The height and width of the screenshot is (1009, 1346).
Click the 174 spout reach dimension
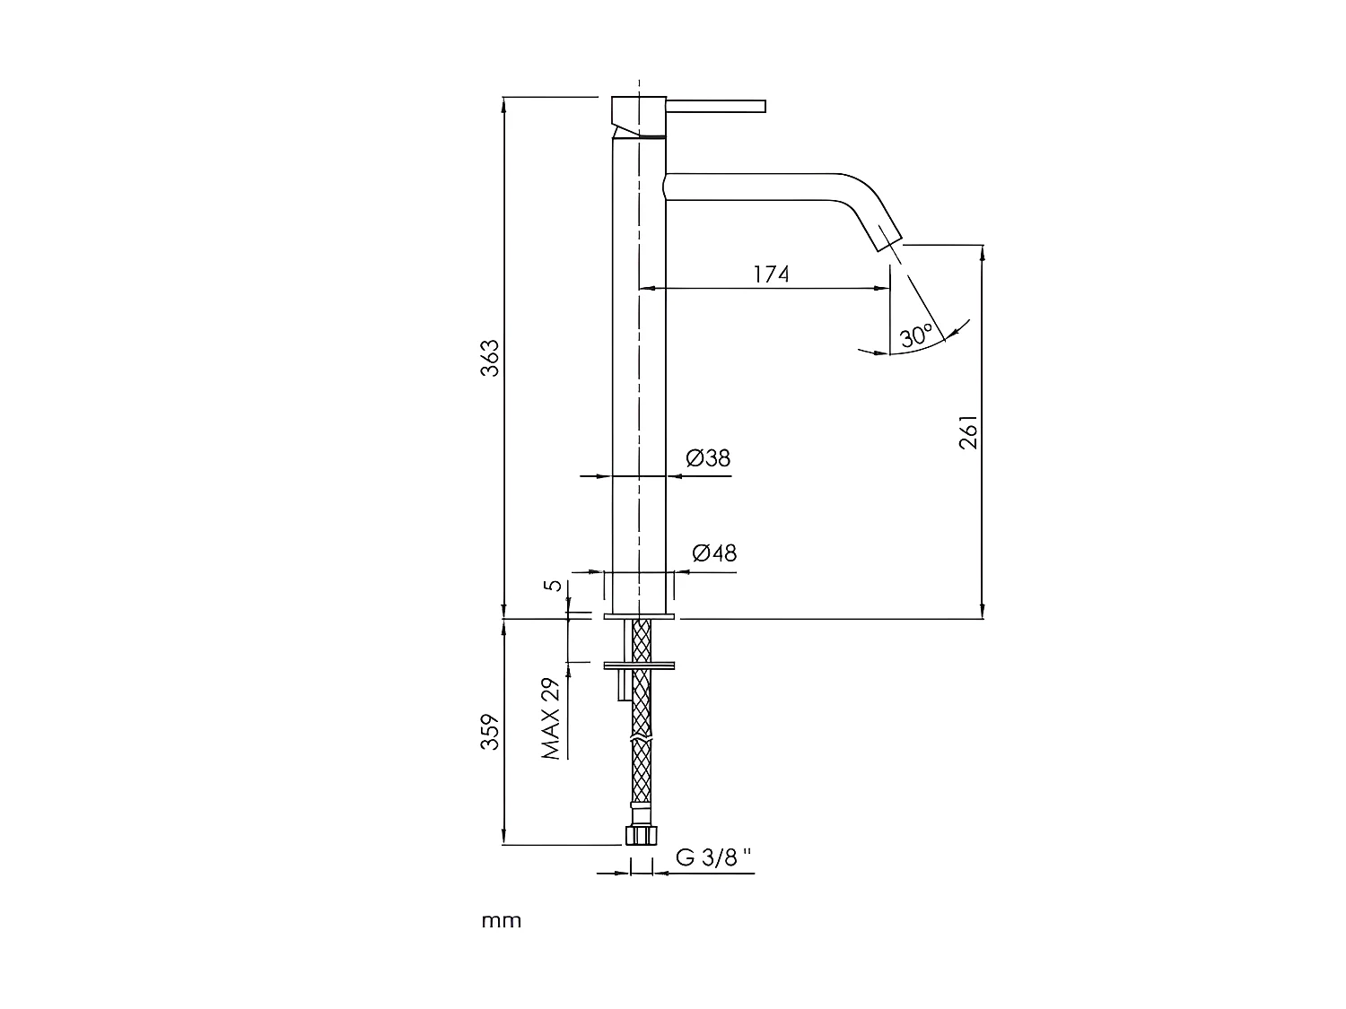pos(771,274)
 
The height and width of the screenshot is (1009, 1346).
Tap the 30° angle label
pos(915,337)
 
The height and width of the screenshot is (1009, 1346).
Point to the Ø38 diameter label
pos(708,458)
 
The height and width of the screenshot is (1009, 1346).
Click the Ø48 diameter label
pos(714,552)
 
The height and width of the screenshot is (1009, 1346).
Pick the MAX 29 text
pos(551,718)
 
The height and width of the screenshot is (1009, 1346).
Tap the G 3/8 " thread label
pos(714,857)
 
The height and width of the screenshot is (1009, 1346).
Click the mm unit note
pos(502,921)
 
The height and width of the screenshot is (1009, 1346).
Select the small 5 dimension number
pos(555,586)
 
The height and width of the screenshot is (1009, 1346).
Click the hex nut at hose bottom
pos(639,835)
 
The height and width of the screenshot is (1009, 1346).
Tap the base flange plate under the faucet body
pos(639,616)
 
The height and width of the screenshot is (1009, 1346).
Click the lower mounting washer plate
pos(639,665)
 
